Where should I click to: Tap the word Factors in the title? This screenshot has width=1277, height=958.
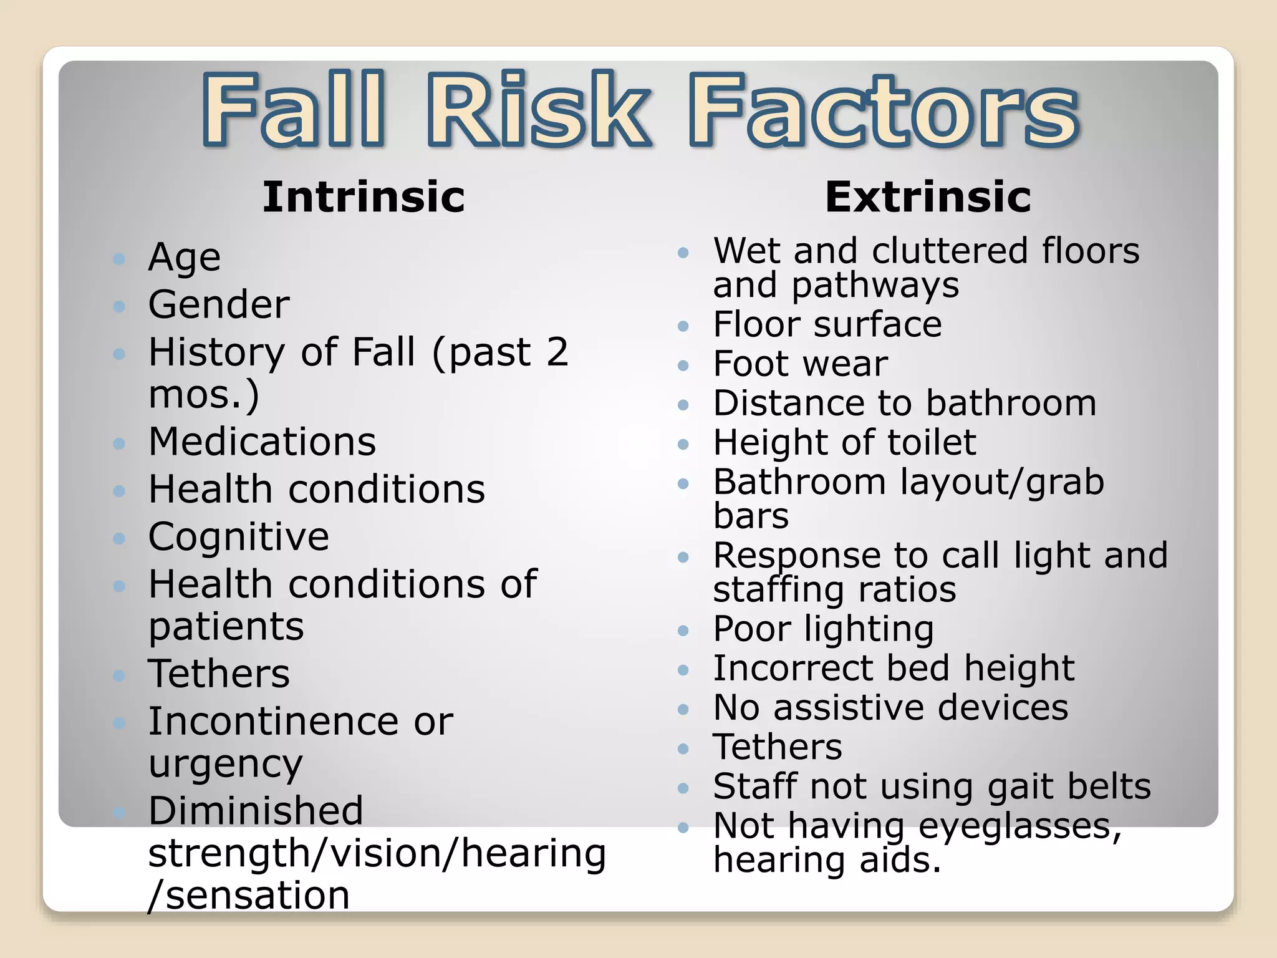(884, 110)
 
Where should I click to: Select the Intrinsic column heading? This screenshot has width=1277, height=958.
(364, 197)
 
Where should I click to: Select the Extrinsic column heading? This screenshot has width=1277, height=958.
(928, 197)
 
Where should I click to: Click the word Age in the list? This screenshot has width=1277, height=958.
(185, 258)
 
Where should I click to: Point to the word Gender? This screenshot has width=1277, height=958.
(219, 304)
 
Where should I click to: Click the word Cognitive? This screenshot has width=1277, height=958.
(239, 536)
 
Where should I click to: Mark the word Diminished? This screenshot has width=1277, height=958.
(256, 810)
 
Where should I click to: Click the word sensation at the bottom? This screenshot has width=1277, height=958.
(258, 896)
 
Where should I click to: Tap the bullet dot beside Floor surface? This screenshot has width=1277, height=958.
(683, 326)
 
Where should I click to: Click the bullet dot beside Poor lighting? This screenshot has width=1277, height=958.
(683, 631)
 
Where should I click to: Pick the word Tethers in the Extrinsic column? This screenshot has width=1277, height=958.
(778, 747)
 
